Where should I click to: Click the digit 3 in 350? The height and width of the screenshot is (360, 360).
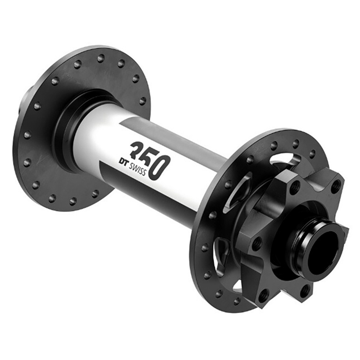[136, 151]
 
